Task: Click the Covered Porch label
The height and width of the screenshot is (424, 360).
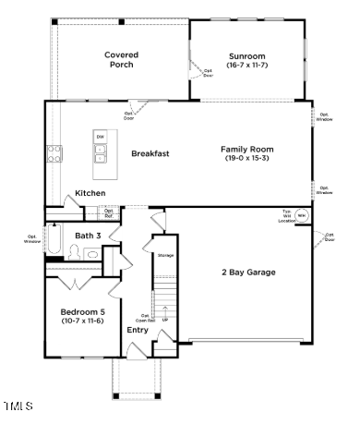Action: (121, 60)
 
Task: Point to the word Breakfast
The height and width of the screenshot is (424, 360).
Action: (150, 153)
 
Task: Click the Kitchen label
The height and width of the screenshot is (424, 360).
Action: (90, 193)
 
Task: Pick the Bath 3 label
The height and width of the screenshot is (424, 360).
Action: (88, 236)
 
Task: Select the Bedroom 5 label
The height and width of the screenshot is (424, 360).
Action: (82, 310)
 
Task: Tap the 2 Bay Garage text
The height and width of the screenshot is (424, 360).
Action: (247, 272)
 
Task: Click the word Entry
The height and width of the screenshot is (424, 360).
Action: (137, 330)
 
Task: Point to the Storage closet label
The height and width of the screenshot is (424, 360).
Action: (165, 254)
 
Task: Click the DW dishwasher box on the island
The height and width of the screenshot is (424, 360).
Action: (100, 138)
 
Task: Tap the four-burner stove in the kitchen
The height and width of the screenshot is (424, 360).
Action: (54, 153)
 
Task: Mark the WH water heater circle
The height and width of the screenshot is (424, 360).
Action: (299, 214)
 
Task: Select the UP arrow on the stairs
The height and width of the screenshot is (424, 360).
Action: (166, 320)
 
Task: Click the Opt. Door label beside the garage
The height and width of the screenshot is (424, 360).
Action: (328, 242)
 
